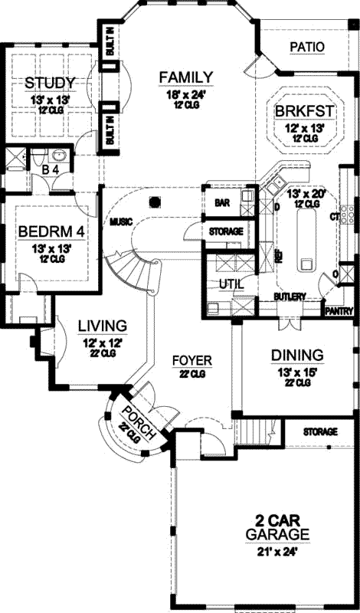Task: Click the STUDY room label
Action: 49,83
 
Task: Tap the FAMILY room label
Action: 185,76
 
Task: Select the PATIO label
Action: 307,47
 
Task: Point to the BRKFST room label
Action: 304,110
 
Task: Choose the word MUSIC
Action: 120,221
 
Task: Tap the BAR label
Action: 223,204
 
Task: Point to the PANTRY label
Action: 338,311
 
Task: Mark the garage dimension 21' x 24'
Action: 277,549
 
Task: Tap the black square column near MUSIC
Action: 155,202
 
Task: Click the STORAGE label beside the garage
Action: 320,432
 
